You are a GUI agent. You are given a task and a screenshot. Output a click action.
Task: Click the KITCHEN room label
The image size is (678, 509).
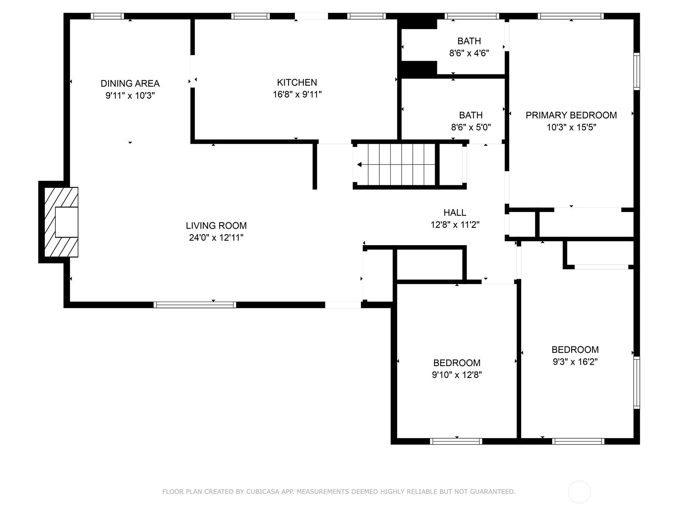tap(297, 83)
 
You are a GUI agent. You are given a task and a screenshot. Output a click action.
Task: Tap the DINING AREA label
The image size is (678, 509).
tap(130, 84)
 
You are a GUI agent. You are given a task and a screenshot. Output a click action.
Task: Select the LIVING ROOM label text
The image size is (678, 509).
tap(216, 226)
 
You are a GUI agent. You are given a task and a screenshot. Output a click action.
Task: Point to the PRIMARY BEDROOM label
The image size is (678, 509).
tap(571, 115)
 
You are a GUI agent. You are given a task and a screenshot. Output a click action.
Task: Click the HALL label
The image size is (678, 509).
tap(455, 213)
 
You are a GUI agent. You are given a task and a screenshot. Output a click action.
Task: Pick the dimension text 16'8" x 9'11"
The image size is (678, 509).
tap(297, 94)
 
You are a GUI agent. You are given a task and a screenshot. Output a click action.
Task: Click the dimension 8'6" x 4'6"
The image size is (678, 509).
tap(469, 53)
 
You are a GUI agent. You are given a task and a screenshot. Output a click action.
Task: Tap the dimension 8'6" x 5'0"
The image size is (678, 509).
tap(471, 127)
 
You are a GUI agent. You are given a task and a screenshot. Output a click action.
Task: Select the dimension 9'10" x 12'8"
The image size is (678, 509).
tap(457, 375)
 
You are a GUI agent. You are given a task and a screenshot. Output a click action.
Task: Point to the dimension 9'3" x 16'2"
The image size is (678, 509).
tap(575, 361)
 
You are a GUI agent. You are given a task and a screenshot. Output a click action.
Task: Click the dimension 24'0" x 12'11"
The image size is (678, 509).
tap(216, 238)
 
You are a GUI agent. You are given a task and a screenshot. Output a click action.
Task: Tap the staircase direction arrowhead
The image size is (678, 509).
tap(359, 165)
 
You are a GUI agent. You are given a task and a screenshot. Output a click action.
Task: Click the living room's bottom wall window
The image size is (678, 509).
tap(195, 305)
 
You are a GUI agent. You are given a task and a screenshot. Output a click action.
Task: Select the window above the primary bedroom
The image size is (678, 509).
tap(570, 16)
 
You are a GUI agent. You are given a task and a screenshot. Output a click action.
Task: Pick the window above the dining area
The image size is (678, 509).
tap(107, 16)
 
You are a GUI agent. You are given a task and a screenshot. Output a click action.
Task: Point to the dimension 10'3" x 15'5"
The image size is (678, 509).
tap(571, 127)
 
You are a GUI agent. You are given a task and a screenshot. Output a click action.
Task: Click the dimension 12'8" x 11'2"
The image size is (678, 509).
tap(455, 225)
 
